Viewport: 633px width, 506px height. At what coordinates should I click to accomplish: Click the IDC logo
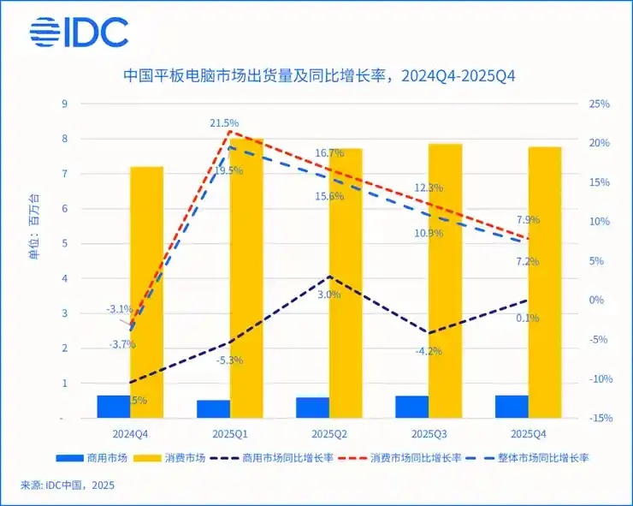tap(79, 33)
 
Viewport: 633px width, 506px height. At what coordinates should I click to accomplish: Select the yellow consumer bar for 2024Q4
tap(146, 291)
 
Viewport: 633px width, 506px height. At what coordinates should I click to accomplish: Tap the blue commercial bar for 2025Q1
tap(213, 408)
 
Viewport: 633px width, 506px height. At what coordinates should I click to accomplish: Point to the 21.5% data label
tap(224, 123)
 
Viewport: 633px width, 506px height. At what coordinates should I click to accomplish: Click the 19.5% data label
tap(228, 170)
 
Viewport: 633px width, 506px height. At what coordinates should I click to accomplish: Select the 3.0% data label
tap(329, 295)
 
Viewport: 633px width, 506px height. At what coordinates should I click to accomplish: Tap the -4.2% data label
tap(428, 351)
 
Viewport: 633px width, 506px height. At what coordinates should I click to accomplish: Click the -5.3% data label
tap(228, 360)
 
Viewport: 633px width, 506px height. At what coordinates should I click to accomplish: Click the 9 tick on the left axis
tap(63, 104)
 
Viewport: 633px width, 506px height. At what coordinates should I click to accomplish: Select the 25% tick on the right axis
tap(599, 104)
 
